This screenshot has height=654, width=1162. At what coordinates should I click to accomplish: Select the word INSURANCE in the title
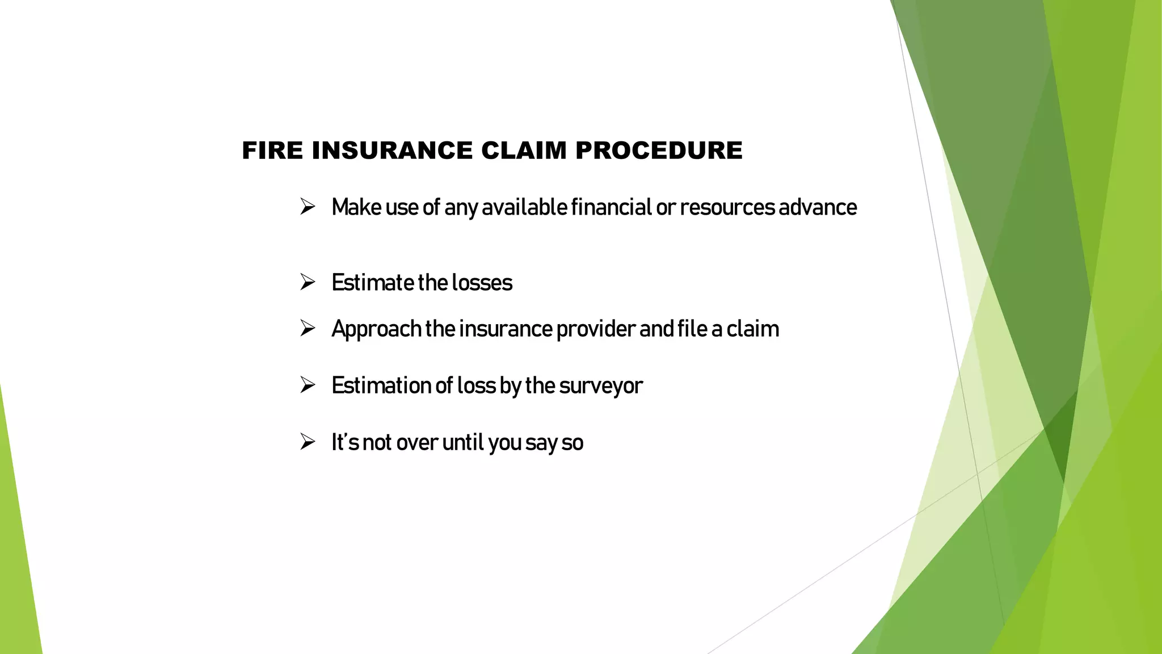click(x=392, y=151)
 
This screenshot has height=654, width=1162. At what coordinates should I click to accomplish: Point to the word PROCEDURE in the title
click(x=659, y=151)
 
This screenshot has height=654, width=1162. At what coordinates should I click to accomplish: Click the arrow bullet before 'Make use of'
click(x=308, y=206)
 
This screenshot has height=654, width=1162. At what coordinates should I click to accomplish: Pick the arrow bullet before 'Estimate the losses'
click(x=308, y=282)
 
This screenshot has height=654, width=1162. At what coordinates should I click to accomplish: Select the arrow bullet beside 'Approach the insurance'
click(x=308, y=328)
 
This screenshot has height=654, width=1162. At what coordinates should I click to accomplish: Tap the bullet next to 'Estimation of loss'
click(x=308, y=385)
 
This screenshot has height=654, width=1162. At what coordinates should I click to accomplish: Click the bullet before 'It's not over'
click(x=308, y=442)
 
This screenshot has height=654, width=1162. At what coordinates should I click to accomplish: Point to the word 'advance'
click(x=818, y=207)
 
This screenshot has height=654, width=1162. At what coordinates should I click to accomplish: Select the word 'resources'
click(x=727, y=208)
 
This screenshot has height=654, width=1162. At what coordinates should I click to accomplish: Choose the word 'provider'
click(x=596, y=330)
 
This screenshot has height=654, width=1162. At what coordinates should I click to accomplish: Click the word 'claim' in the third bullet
click(x=752, y=329)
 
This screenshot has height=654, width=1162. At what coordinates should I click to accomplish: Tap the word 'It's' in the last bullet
click(x=345, y=442)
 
